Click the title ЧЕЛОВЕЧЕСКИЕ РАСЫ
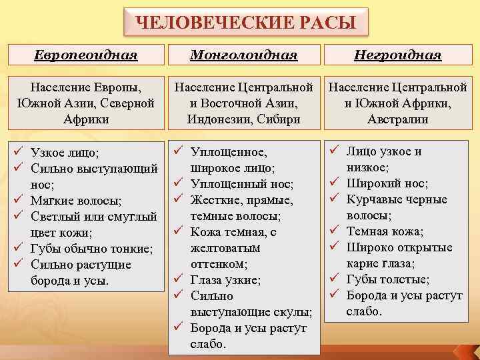[245, 23]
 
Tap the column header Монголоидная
[243, 55]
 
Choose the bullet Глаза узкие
[226, 280]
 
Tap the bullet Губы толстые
[388, 280]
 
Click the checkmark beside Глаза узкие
[178, 280]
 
